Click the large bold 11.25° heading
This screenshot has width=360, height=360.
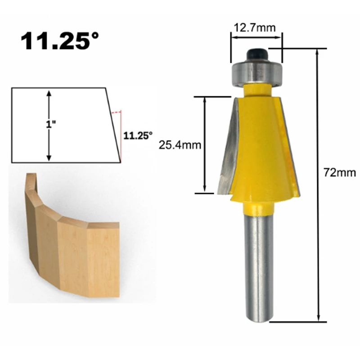[60, 41]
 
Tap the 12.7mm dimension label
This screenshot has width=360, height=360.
[255, 28]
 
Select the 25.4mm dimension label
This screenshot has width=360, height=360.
[180, 145]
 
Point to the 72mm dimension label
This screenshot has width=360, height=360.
[340, 172]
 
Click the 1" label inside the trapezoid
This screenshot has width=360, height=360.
[51, 125]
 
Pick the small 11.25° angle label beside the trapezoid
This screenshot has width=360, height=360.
[138, 136]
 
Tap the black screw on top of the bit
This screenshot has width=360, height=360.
[256, 55]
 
